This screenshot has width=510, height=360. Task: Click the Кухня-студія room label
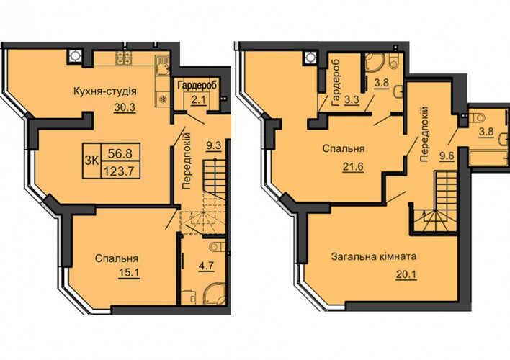(105, 91)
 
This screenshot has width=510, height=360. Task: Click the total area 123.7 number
(121, 171)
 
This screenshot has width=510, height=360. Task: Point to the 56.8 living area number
(120, 153)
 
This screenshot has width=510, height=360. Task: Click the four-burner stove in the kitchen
(123, 58)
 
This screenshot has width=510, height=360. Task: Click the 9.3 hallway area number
(214, 145)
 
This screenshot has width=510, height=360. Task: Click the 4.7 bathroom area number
(206, 266)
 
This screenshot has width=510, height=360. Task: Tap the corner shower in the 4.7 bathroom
(214, 294)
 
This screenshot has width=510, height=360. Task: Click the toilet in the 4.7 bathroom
(218, 247)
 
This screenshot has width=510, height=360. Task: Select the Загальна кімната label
(374, 256)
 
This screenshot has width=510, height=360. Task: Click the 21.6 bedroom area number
(352, 166)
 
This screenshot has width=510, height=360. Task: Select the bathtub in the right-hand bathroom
(488, 157)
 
